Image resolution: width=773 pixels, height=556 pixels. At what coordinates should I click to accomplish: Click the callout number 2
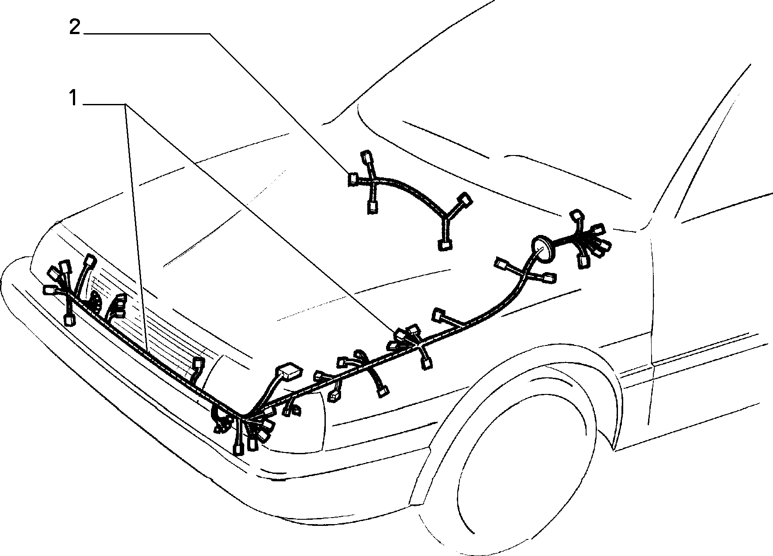[x=75, y=28]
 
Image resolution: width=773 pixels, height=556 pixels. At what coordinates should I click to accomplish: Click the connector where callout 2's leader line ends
[x=352, y=179]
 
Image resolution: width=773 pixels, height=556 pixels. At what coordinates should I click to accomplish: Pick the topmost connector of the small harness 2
[x=366, y=157]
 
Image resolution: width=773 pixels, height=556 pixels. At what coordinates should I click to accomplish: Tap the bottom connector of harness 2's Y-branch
[x=445, y=245]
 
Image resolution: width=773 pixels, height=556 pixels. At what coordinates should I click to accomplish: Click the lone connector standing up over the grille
[x=199, y=363]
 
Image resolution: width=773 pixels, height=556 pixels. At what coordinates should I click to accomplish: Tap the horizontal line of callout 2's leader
[x=146, y=33]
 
